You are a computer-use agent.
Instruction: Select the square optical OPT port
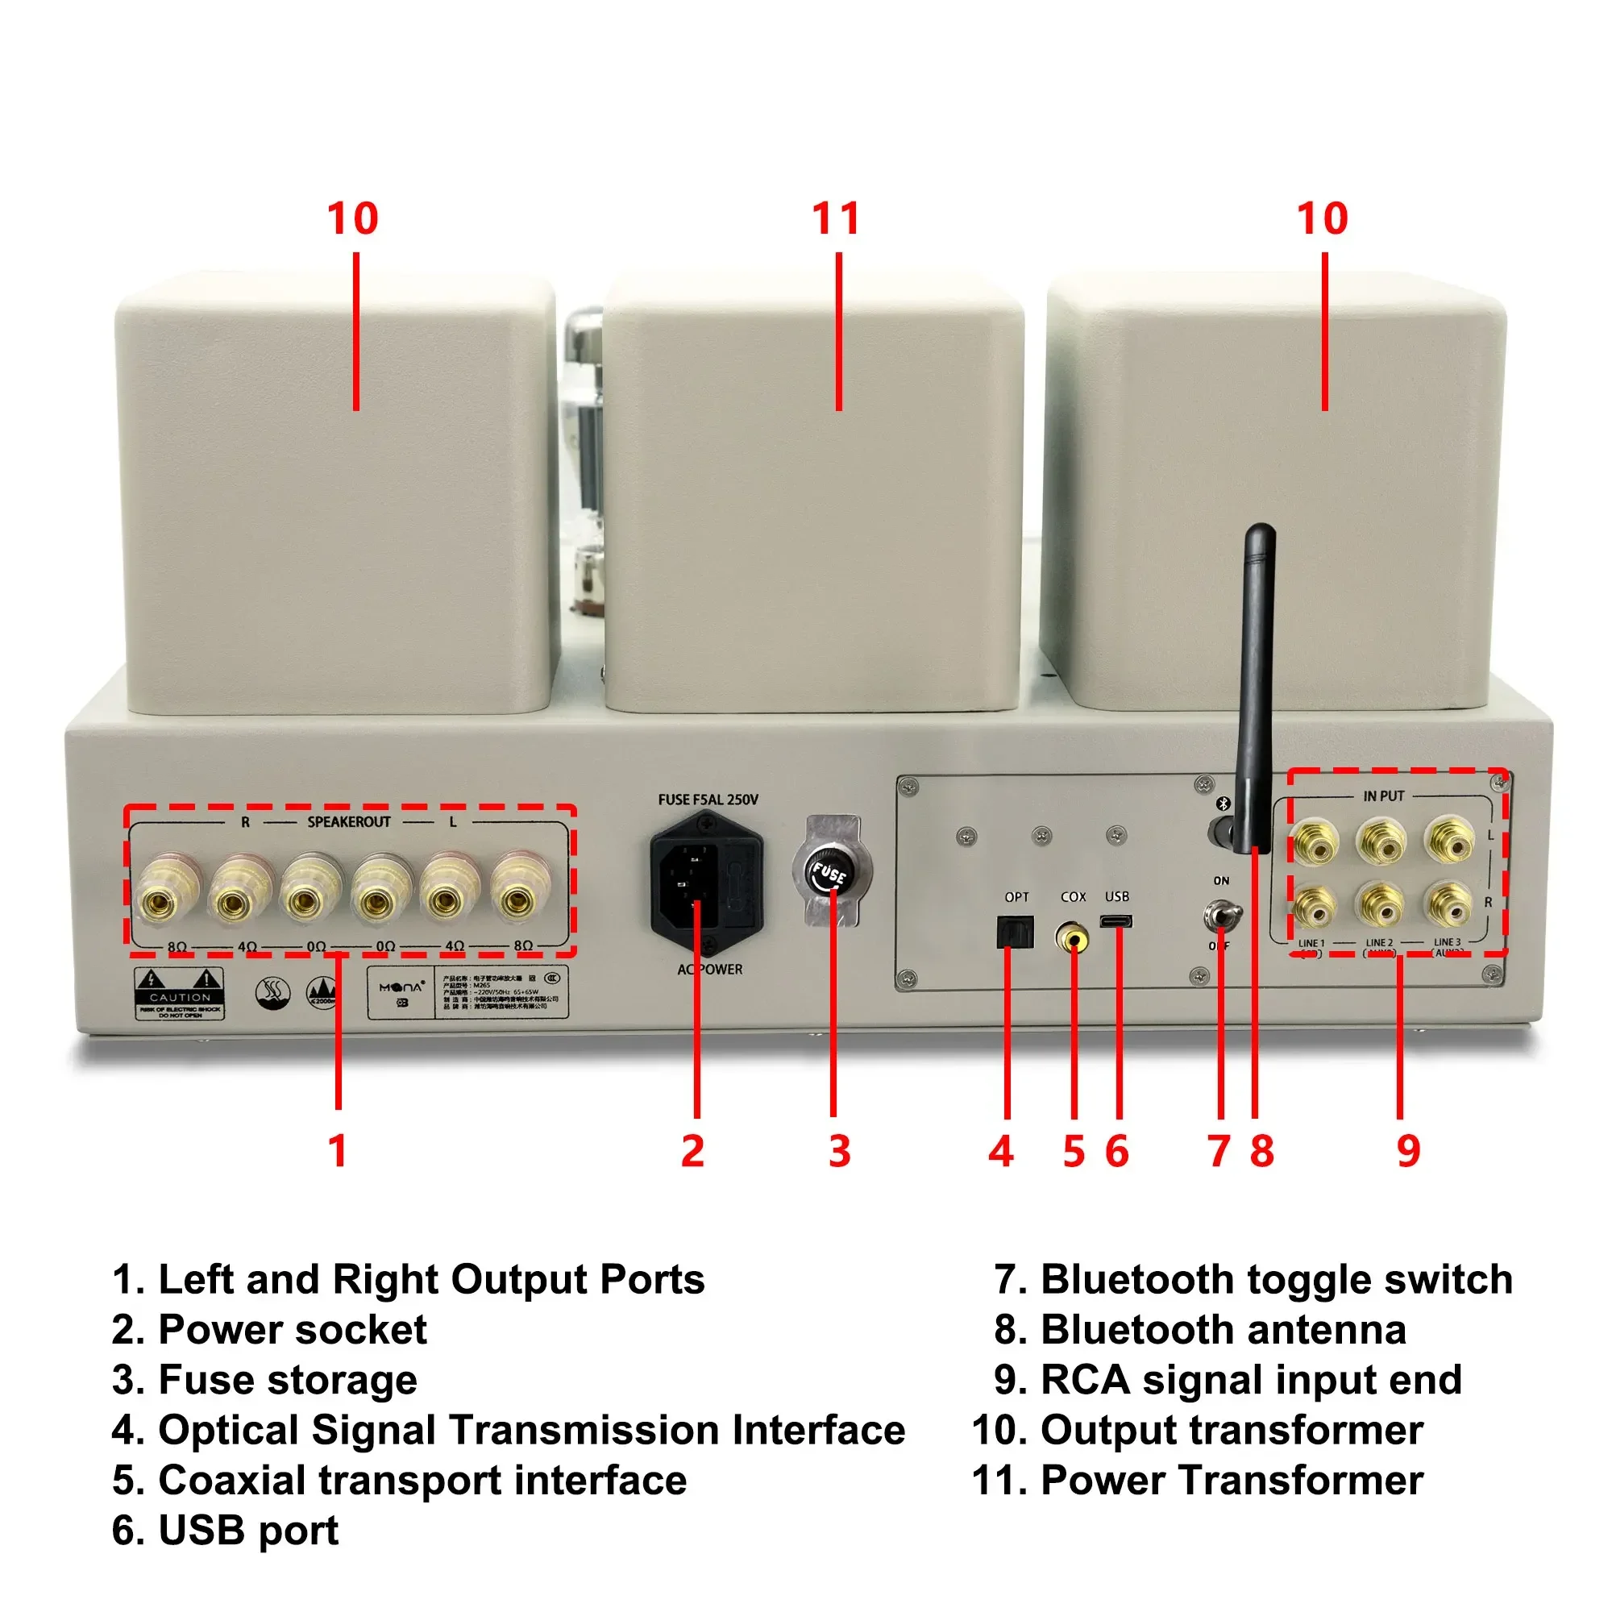1016,932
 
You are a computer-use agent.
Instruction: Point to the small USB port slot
1116,922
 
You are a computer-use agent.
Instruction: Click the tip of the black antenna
1261,534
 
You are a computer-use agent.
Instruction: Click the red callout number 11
836,218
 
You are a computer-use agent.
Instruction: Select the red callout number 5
1073,1152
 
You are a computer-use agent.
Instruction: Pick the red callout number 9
1408,1152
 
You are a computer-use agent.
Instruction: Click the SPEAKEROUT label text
349,822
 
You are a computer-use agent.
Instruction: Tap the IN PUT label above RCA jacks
1383,796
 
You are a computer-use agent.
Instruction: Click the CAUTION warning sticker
180,993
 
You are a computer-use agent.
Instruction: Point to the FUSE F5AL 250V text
708,800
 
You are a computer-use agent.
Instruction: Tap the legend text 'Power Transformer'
1232,1480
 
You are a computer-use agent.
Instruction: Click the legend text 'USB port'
247,1531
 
